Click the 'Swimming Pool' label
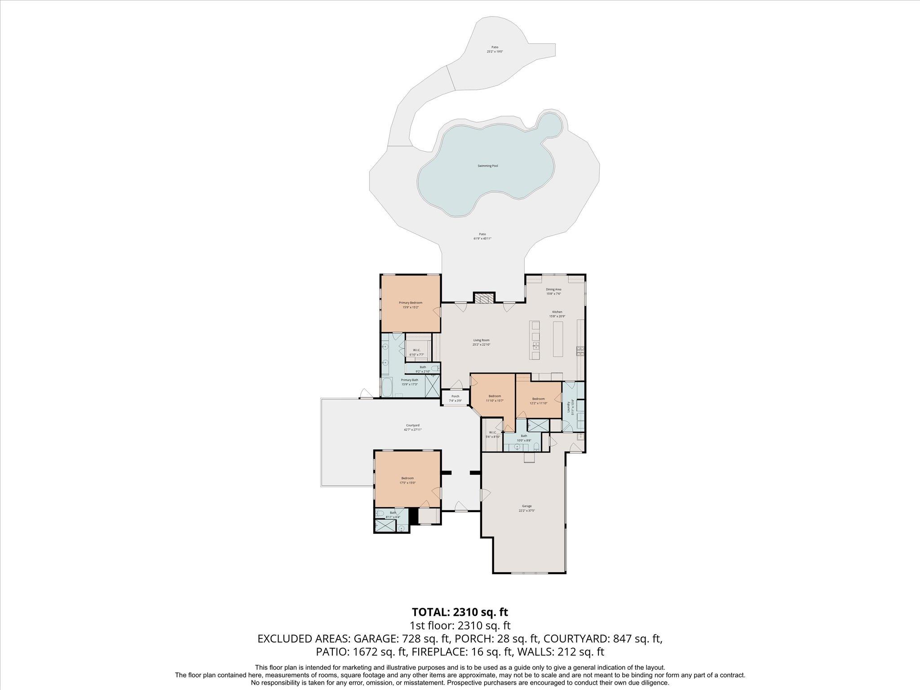pos(487,166)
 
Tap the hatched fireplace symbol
pos(484,299)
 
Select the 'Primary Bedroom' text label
pos(411,303)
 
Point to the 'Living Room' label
pos(481,340)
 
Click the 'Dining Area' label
pos(553,289)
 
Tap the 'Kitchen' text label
pos(557,312)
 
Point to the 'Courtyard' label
pos(412,425)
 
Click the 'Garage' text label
pos(526,506)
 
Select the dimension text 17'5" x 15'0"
pos(407,483)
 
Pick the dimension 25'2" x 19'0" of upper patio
pos(495,52)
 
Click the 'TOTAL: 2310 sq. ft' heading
pos(460,612)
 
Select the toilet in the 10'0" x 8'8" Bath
pos(537,446)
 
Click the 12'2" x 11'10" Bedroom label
pos(538,399)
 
